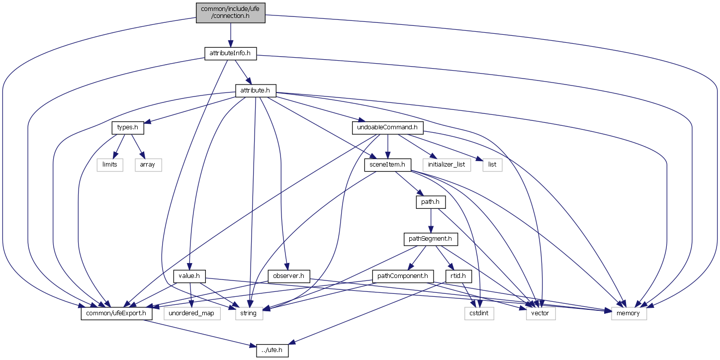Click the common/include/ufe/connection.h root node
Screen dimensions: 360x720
point(230,12)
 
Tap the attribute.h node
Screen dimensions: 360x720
point(255,90)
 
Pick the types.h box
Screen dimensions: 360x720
point(127,127)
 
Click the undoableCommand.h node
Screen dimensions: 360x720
point(388,127)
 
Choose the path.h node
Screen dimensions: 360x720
point(430,202)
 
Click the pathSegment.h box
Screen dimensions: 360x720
point(430,239)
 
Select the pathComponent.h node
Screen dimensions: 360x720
point(403,275)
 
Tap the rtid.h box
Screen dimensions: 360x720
point(458,275)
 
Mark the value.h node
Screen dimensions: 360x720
point(189,275)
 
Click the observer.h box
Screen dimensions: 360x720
point(288,275)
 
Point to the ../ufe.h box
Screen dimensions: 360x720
point(272,350)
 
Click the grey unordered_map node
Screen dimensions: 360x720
point(191,313)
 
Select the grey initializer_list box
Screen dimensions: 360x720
point(447,165)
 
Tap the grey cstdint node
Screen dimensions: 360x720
point(479,313)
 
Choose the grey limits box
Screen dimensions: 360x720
point(110,165)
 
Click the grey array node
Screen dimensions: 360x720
point(148,165)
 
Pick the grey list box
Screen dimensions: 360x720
point(492,165)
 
